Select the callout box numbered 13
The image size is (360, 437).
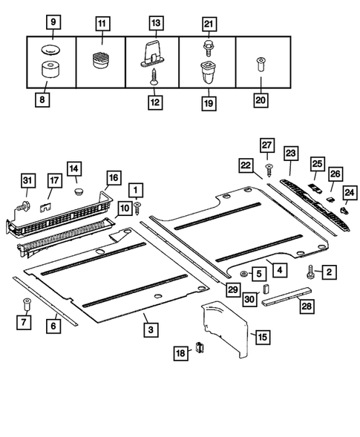point(155,23)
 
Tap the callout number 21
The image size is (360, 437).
point(209,23)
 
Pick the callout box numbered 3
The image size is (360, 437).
point(150,328)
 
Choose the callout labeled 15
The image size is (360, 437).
point(261,337)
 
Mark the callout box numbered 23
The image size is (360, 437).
point(289,154)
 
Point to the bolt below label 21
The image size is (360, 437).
point(209,46)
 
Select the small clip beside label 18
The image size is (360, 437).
point(199,346)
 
